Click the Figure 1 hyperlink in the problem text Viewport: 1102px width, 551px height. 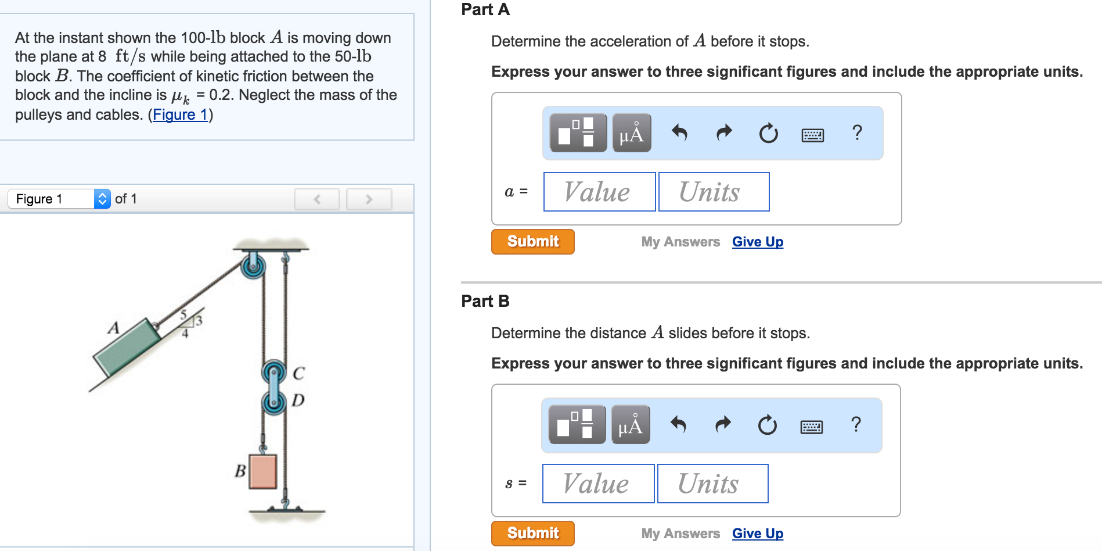180,115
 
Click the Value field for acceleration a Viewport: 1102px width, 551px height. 599,192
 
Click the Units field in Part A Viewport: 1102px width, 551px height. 714,192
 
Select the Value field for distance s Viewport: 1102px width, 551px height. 598,484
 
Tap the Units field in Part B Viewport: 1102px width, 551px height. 712,484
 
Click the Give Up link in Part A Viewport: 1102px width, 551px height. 757,242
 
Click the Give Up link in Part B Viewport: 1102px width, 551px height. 757,534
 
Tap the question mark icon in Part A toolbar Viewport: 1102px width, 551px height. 856,133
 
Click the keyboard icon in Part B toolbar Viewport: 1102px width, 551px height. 811,427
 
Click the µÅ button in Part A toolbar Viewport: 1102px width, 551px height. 631,133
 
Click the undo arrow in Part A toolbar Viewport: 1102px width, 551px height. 679,133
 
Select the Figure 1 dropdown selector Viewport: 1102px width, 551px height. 59,199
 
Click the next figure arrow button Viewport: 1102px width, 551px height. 369,199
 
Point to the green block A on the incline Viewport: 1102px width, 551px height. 127,347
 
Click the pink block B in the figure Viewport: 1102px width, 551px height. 262,471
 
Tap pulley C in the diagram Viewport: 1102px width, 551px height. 273,371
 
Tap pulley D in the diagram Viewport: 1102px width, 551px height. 273,402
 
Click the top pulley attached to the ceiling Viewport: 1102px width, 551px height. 253,266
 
